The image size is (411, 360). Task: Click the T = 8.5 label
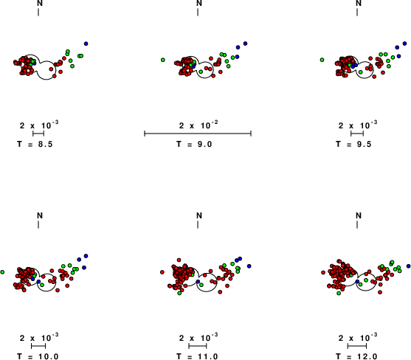tap(35, 144)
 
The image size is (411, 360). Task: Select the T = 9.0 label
tap(194, 144)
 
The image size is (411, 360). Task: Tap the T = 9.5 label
tap(353, 144)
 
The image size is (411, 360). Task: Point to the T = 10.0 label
tap(38, 356)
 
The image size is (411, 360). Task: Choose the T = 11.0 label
tap(197, 356)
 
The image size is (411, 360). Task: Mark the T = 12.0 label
tap(356, 356)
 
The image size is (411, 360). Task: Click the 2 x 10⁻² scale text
tap(198, 125)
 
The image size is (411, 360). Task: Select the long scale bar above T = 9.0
tap(198, 134)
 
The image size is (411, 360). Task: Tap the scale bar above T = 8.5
tap(38, 134)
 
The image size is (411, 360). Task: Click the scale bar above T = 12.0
tap(357, 346)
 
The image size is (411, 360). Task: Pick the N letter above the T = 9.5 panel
tap(359, 4)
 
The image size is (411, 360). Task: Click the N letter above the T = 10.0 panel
tap(40, 215)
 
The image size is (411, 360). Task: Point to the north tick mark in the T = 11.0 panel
tap(198, 225)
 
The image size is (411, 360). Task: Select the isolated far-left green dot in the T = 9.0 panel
tap(163, 60)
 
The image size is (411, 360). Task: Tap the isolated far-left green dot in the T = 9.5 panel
tap(322, 60)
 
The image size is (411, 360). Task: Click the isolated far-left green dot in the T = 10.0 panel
tap(2, 272)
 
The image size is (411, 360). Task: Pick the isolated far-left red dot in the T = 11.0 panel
tap(162, 272)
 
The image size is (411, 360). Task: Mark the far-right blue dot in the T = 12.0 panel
tap(408, 266)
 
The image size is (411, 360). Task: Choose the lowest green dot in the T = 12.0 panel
tap(339, 293)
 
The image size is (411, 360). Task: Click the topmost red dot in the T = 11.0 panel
tap(179, 260)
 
